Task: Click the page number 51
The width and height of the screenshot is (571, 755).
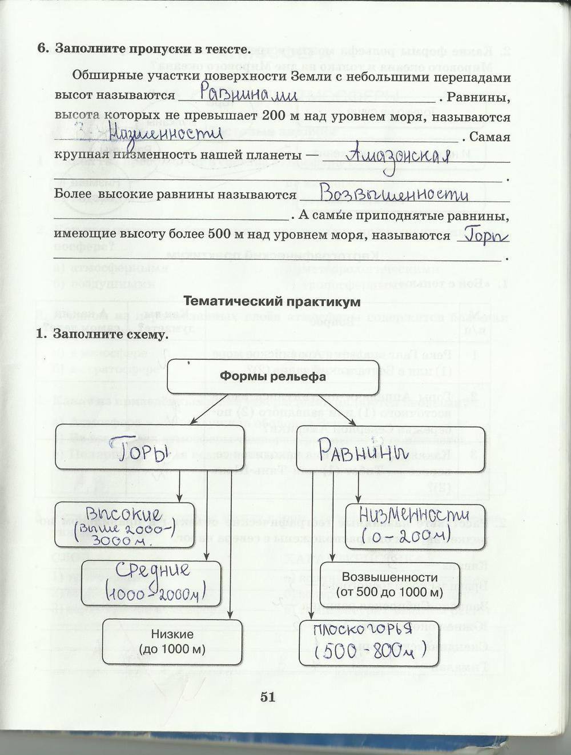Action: click(267, 697)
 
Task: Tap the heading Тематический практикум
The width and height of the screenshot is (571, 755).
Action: click(273, 302)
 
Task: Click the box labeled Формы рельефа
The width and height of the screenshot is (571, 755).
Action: click(273, 376)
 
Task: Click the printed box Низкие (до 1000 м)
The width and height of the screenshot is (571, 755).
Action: click(172, 642)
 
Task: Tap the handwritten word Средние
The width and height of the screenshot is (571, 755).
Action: click(153, 569)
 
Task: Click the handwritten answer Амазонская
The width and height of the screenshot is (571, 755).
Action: click(403, 155)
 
